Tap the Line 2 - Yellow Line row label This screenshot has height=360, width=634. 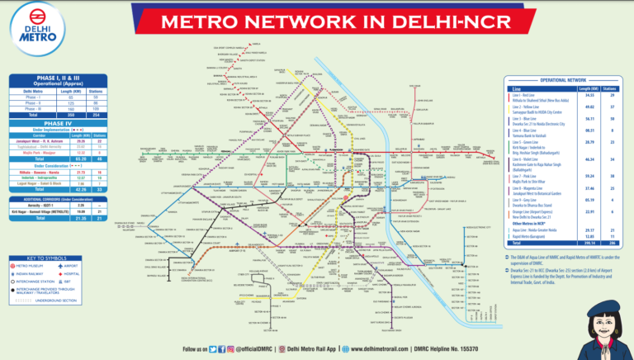528,107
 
